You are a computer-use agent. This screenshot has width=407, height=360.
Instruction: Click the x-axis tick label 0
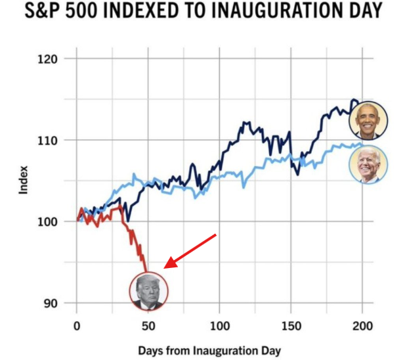pos(77,326)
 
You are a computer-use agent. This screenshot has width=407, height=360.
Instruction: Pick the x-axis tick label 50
pos(148,326)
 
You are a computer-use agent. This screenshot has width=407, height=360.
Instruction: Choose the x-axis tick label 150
pos(291,326)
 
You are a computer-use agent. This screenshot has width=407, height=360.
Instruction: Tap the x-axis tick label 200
pos(362,326)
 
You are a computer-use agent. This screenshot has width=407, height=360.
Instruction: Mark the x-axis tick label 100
pos(219,326)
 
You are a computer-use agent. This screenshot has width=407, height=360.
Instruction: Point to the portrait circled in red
pos(149,291)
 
